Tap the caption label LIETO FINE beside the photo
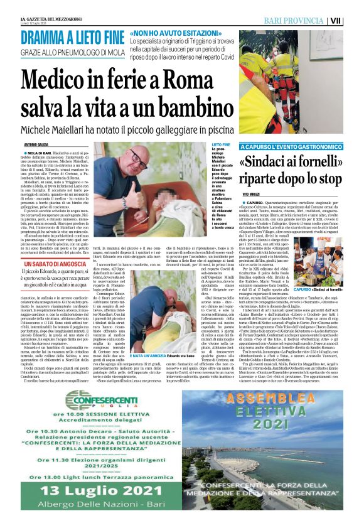point(216,144)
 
